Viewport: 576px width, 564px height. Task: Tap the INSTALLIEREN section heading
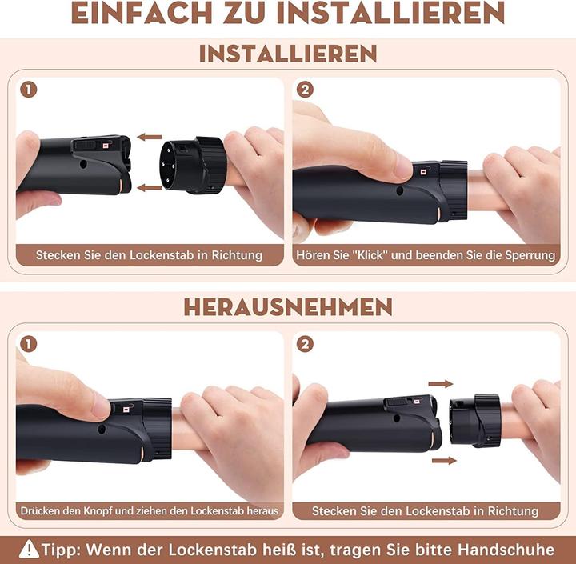288,54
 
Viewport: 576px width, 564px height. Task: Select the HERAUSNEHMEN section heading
288,307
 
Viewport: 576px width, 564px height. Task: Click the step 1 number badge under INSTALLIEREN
29,90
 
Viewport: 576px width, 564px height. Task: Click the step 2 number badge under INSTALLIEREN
305,90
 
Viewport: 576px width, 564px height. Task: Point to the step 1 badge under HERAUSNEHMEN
29,345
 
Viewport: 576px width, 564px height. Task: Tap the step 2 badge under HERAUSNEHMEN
305,344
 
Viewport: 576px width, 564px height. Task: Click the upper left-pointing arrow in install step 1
150,138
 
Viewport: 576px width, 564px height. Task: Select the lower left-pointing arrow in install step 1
150,188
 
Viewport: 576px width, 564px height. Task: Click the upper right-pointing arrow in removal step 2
441,384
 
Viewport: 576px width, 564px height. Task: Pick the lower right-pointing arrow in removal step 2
444,461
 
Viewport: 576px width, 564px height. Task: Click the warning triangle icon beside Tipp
29,550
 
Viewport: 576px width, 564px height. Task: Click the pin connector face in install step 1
170,166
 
